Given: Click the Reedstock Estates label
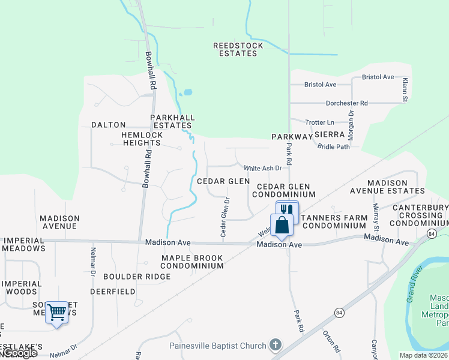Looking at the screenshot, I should click(x=235, y=49).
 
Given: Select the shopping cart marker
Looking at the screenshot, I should click(x=56, y=312).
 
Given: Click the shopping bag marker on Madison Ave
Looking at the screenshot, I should click(x=282, y=225).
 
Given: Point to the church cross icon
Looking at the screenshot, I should click(x=275, y=345).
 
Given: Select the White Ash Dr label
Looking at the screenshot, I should click(x=262, y=169).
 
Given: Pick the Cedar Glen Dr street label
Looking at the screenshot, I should click(x=225, y=217).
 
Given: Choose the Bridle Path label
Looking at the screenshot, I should click(x=333, y=146).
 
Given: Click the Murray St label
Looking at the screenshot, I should click(x=376, y=217).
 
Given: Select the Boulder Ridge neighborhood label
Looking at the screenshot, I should click(x=137, y=277).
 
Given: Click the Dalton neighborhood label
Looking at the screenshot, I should click(x=108, y=125).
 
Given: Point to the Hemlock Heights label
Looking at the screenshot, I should click(x=142, y=139).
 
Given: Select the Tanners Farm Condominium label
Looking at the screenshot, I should click(x=334, y=221).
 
